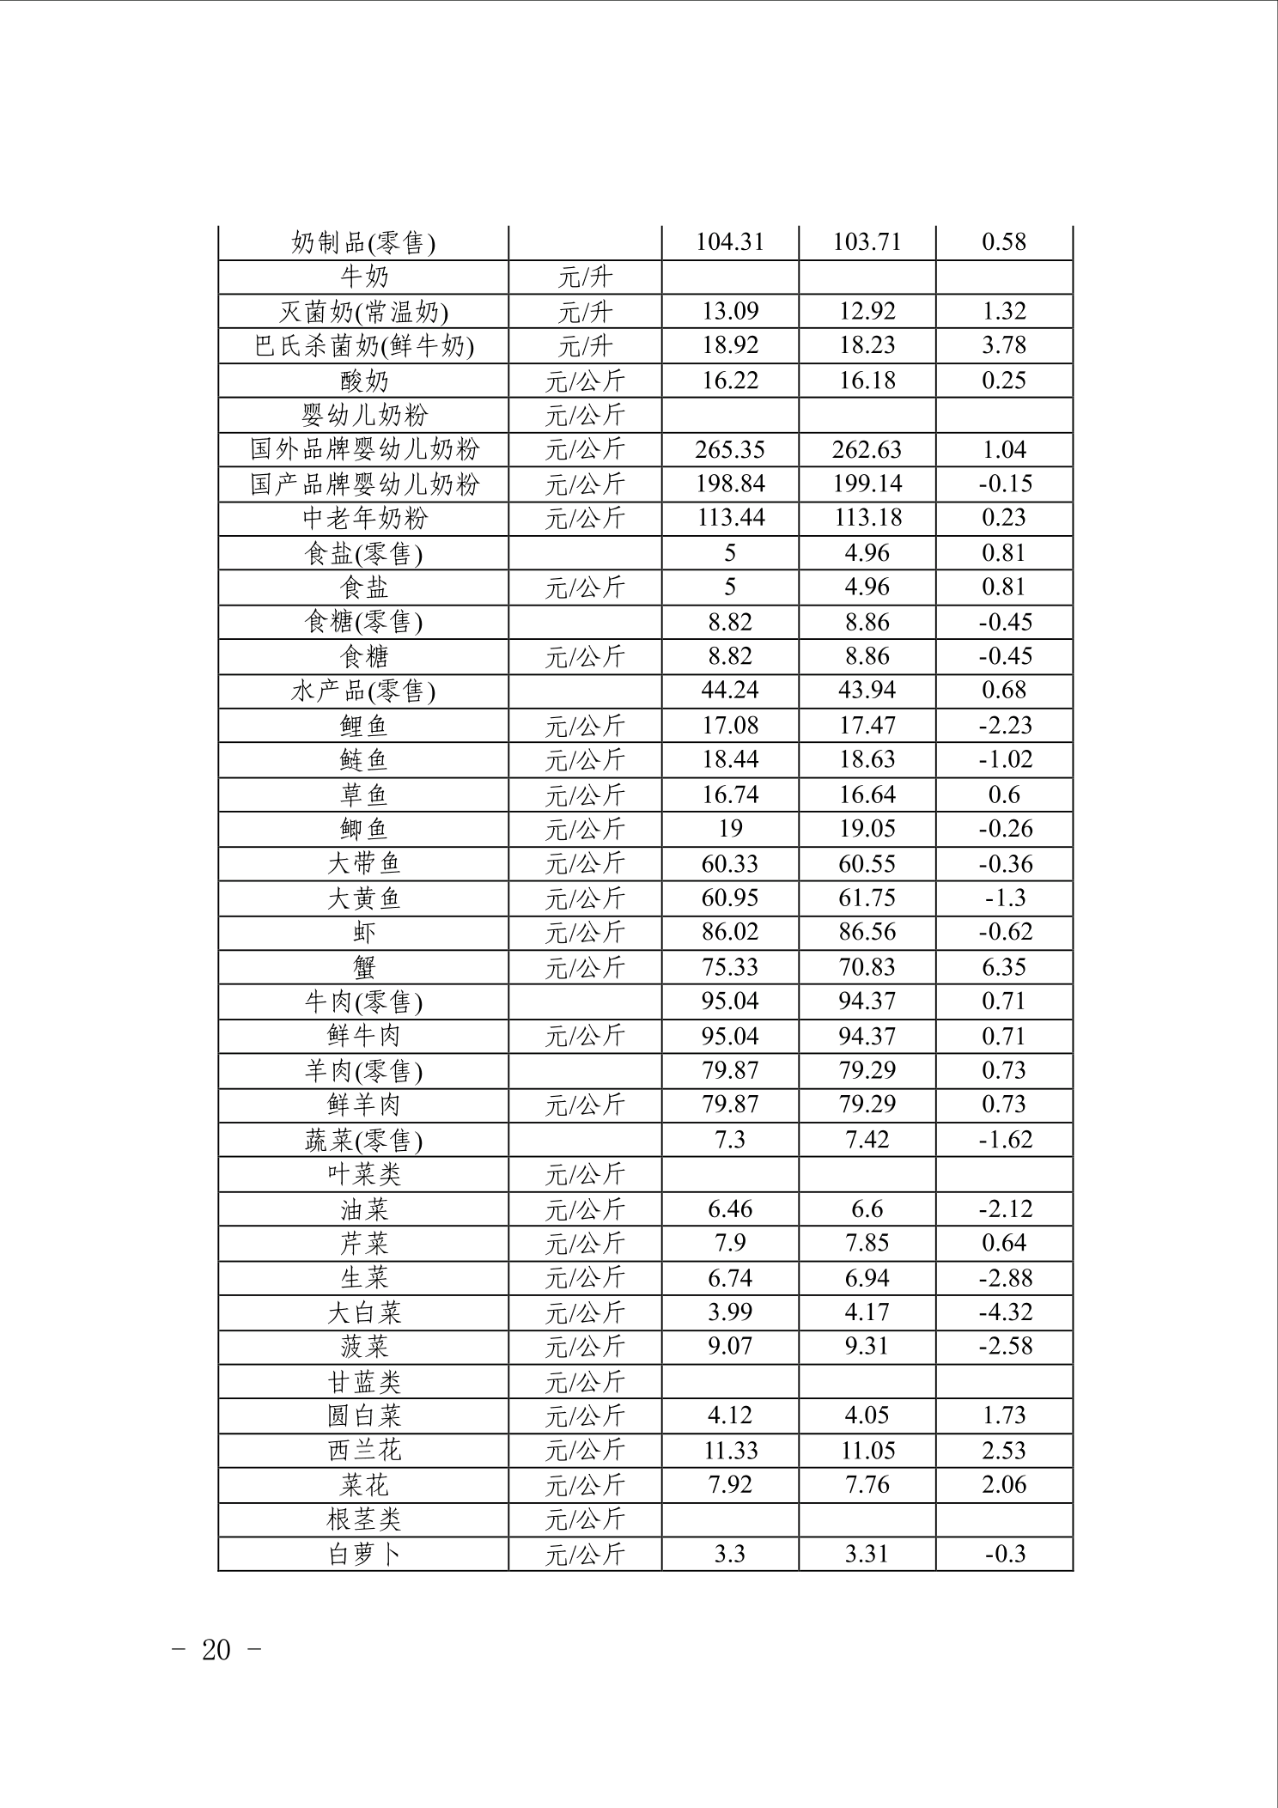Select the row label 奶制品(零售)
click(x=363, y=243)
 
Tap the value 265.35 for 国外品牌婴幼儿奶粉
click(x=730, y=450)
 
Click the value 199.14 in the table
click(x=867, y=484)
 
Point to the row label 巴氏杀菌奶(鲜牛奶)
click(x=363, y=346)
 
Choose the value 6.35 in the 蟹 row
click(x=1003, y=967)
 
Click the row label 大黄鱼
click(x=363, y=898)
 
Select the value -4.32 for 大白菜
click(x=1005, y=1312)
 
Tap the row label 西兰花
click(x=363, y=1451)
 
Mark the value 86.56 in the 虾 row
click(x=867, y=932)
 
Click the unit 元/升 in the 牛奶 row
click(x=585, y=277)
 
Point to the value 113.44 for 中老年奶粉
click(x=730, y=518)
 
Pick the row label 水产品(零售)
click(x=363, y=691)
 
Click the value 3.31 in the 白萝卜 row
click(x=867, y=1554)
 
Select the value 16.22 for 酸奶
click(x=730, y=380)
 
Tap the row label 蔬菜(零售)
click(x=363, y=1141)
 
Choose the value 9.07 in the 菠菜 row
click(x=730, y=1346)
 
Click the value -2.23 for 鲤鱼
click(x=1005, y=726)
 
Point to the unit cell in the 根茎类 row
click(x=585, y=1519)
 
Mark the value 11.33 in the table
click(x=730, y=1451)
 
